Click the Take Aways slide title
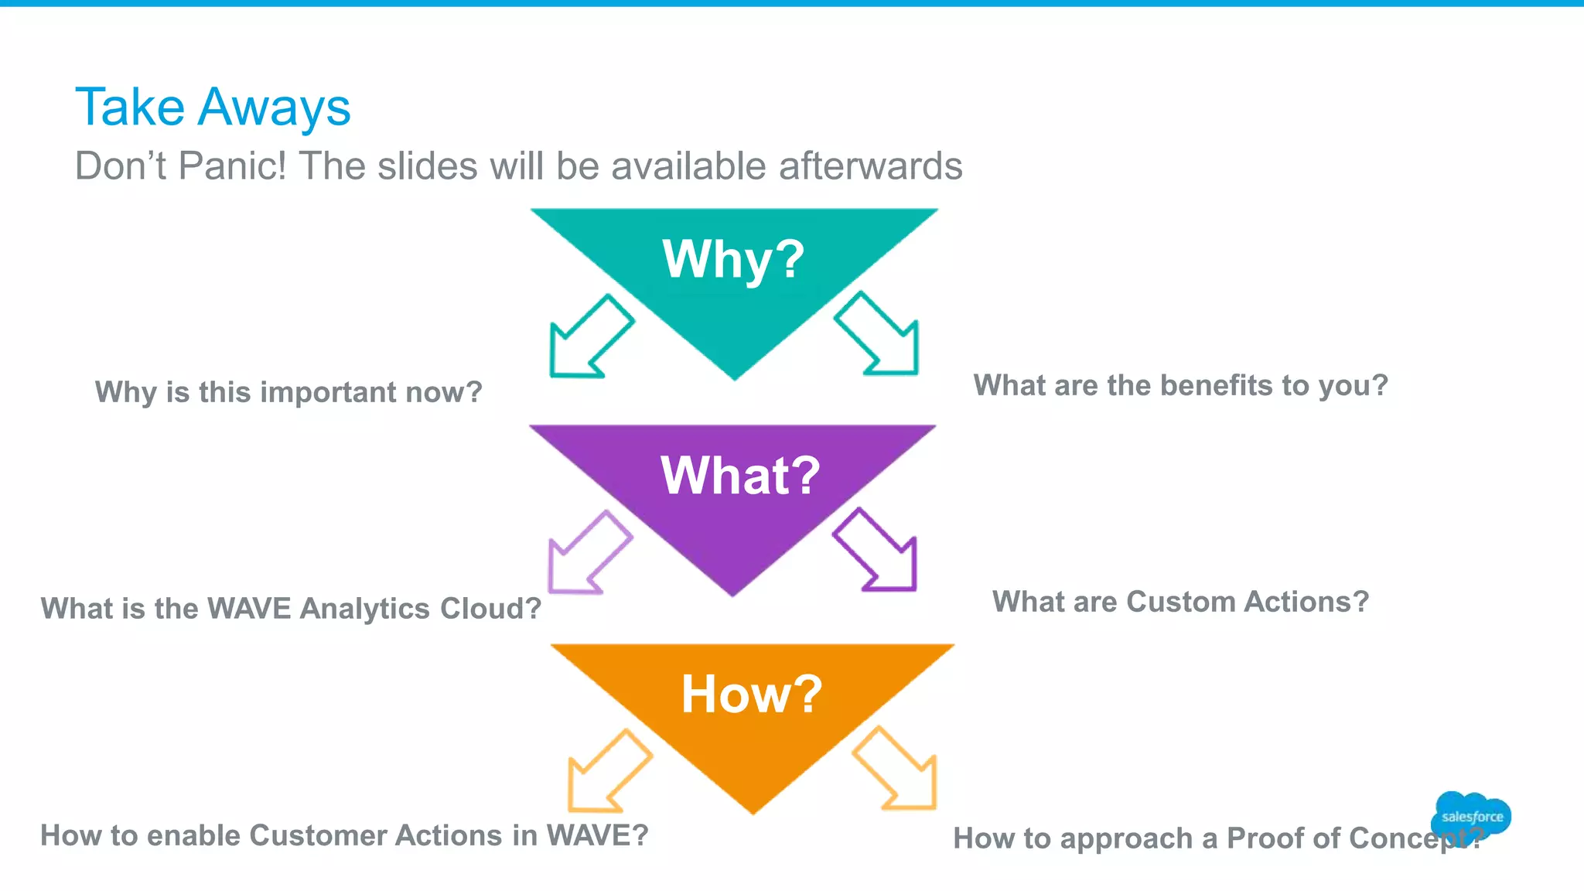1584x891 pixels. (213, 107)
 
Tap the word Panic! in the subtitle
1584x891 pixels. (232, 166)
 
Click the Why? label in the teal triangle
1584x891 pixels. (733, 259)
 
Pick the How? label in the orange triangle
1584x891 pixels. (751, 694)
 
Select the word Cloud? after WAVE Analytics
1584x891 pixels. (490, 609)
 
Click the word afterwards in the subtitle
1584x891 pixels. (870, 166)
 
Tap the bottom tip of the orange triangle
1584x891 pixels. (753, 812)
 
